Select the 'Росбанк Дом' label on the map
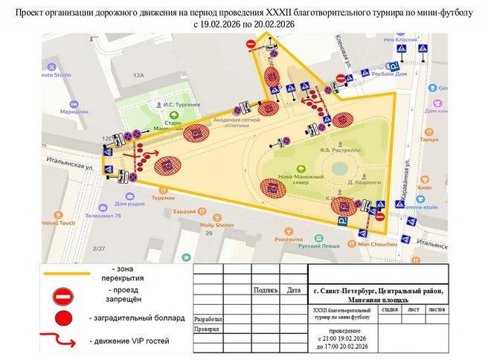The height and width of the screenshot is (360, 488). (389, 74)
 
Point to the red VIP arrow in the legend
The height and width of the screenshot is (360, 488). (63, 342)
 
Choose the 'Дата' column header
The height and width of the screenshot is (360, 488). (294, 291)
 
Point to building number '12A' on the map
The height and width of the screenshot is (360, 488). (138, 75)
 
